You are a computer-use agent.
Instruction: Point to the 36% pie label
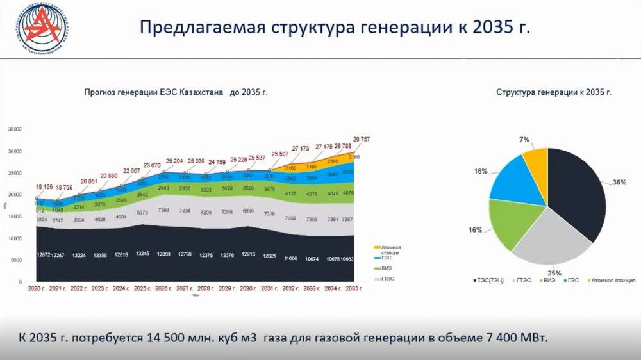point(619,182)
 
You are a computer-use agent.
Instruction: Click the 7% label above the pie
point(525,140)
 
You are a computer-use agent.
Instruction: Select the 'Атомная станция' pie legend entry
point(613,280)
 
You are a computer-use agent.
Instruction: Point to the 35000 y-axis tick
point(14,129)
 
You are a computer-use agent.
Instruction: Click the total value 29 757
point(361,138)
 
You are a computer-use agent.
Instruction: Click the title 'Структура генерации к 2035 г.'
point(554,92)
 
